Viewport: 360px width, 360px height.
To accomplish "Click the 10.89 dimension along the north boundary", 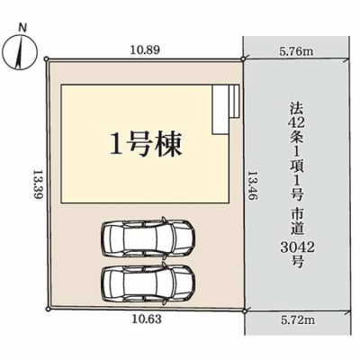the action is point(145,49).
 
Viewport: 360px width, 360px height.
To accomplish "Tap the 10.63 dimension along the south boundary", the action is point(147,319).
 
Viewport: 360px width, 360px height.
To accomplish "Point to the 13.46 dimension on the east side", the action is point(253,186).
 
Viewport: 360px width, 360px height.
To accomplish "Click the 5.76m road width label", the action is point(296,51).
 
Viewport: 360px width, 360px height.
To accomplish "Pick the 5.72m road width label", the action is point(297,320).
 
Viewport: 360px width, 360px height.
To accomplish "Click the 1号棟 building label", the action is point(146,145).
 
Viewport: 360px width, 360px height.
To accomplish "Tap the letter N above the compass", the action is point(22,28).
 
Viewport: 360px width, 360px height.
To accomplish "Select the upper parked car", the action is point(148,237).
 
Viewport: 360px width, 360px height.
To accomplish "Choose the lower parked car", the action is point(148,283).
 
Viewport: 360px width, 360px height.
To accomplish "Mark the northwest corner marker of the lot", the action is point(46,59).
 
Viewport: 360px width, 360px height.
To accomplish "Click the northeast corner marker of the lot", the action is point(244,59).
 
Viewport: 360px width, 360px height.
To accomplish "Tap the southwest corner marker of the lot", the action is point(47,309).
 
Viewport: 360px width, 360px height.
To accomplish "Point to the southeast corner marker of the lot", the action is point(245,311).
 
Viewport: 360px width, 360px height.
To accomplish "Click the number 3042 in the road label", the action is point(297,247).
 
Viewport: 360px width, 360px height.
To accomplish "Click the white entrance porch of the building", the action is point(220,110).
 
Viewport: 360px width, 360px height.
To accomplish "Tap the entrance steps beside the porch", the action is point(234,101).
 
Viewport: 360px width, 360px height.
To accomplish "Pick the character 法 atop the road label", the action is point(297,108).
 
